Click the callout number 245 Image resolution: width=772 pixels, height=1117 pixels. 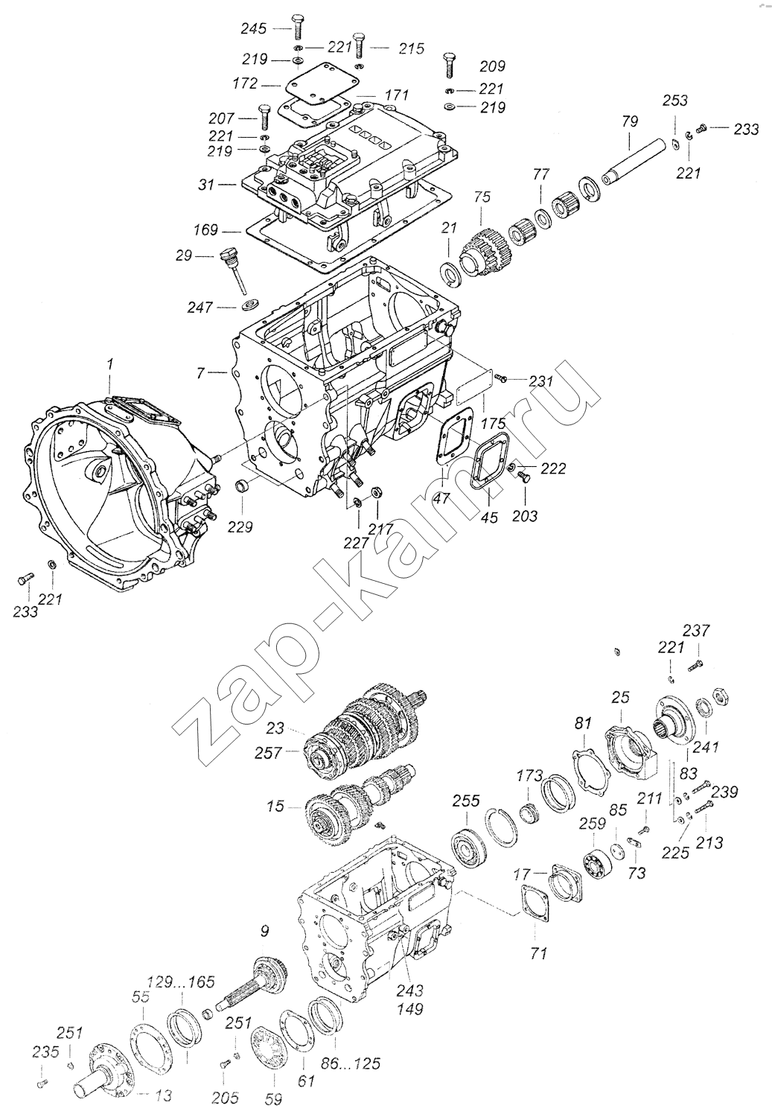tap(254, 29)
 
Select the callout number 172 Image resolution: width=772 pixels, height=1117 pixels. tap(245, 83)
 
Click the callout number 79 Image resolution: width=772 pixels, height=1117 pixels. tap(630, 121)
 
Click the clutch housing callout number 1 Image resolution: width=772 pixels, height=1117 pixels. tap(110, 364)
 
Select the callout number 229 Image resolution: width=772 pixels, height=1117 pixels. tap(240, 526)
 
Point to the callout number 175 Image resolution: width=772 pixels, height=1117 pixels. tap(494, 424)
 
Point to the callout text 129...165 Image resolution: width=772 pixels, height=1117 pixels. tap(182, 970)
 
